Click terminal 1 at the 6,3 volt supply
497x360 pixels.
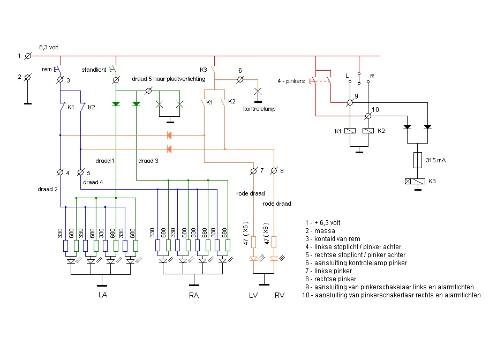tap(28, 56)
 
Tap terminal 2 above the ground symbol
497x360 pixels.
tap(28, 77)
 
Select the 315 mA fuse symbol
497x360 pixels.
tap(417, 160)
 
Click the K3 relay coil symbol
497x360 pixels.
tap(415, 182)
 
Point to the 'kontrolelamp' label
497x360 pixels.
tap(259, 109)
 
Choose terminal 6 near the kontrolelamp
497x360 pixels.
tap(240, 80)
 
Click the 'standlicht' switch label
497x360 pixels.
tap(94, 70)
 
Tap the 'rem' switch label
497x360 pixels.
tap(47, 69)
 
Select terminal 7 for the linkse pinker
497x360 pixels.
tap(253, 171)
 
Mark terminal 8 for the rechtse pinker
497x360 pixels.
tap(274, 171)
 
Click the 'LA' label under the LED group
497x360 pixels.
tap(103, 295)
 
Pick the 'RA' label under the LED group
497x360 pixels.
tap(194, 295)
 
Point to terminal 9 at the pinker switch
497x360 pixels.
tap(350, 102)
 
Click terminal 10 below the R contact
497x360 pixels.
tap(368, 116)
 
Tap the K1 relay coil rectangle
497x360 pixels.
tap(350, 131)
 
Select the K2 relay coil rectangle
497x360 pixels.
tap(368, 131)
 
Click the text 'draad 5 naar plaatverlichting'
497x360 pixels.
tap(169, 79)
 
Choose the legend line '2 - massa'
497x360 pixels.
tap(320, 231)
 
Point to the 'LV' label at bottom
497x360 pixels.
tap(253, 295)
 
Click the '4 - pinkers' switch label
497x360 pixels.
tap(291, 81)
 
